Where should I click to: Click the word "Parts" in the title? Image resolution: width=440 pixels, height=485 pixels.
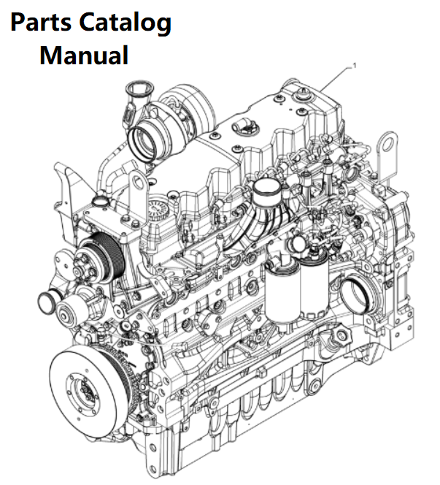coord(45,24)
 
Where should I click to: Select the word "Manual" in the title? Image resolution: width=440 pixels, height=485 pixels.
coord(84,55)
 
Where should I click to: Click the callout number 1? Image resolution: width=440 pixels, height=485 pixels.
coord(354,66)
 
